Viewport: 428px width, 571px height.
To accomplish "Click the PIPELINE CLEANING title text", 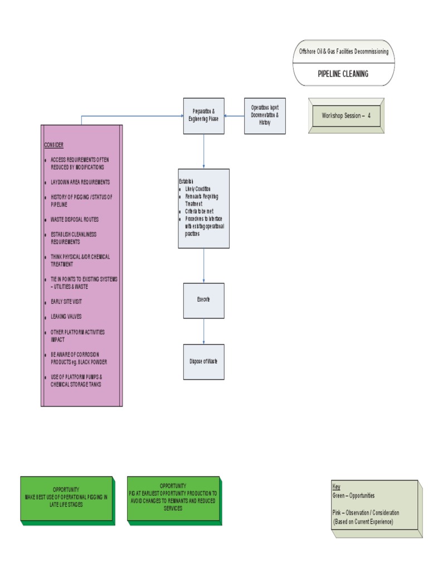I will click(x=343, y=74).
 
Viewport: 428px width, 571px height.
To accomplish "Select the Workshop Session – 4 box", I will click(x=346, y=116).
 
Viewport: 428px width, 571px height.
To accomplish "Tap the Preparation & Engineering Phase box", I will click(x=204, y=115).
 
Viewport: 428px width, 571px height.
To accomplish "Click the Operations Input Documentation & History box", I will click(x=265, y=115).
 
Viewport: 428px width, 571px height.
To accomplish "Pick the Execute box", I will click(x=204, y=300).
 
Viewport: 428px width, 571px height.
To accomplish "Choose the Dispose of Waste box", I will click(x=203, y=361).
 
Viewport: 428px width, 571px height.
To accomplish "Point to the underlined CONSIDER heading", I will click(x=54, y=145).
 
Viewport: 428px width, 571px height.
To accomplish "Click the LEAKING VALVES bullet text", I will click(x=66, y=317).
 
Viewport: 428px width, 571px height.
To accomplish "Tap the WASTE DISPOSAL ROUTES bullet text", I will click(x=75, y=220).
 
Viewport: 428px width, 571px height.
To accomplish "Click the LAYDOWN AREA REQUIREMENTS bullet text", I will click(x=80, y=182).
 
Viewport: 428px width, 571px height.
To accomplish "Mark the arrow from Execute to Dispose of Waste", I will click(x=203, y=331).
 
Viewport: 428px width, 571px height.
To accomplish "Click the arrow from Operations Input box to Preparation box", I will click(x=235, y=116).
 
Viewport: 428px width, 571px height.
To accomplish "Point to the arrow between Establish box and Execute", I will click(x=203, y=265).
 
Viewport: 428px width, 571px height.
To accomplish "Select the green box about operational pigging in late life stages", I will click(x=66, y=500).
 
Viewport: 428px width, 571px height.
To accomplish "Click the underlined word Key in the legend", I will click(x=336, y=486).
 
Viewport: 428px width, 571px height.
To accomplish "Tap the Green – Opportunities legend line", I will click(x=353, y=496).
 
